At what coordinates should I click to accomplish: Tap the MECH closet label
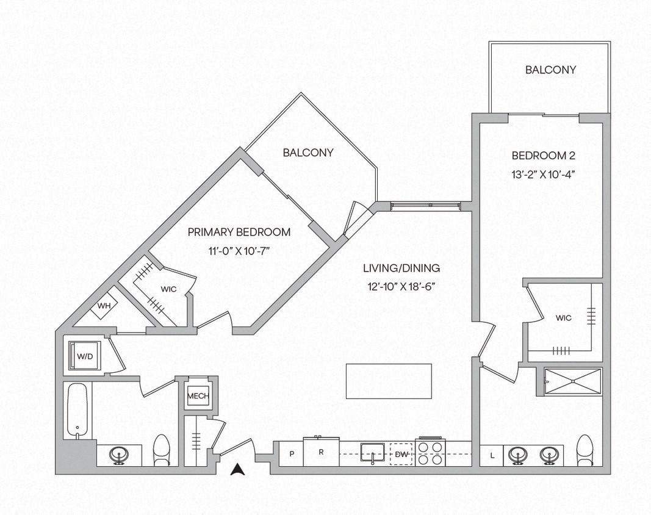point(198,396)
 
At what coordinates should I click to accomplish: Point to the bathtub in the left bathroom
point(77,410)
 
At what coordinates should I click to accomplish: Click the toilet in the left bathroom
point(161,450)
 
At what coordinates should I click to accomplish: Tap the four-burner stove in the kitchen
point(431,453)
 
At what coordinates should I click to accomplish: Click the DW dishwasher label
point(401,454)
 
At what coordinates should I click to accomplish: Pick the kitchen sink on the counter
point(373,453)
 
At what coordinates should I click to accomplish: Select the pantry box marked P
point(292,455)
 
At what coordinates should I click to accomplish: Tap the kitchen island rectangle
point(389,381)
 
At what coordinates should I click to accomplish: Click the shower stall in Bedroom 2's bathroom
point(572,381)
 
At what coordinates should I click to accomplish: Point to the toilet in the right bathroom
point(584,450)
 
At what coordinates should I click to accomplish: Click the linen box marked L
point(492,455)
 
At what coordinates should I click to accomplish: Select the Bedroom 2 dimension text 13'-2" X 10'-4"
point(544,173)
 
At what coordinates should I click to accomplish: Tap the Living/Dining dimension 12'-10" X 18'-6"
point(401,286)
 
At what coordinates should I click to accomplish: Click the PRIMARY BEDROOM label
point(239,232)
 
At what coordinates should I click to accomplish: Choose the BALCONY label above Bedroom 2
point(550,70)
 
